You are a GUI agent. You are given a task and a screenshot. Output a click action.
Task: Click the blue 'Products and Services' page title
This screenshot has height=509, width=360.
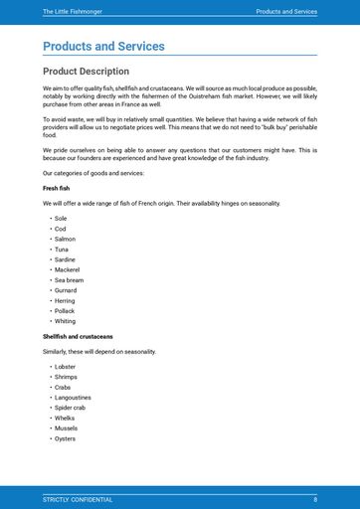[x=103, y=46]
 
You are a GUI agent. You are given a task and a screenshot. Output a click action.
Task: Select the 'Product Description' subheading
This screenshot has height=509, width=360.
[x=86, y=72]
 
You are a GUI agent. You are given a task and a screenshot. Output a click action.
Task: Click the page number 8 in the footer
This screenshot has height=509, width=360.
[x=315, y=499]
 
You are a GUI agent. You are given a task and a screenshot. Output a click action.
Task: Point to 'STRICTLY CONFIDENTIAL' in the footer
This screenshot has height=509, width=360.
[x=78, y=499]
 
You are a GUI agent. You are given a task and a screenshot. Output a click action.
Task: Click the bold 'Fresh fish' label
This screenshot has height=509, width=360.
[x=57, y=188]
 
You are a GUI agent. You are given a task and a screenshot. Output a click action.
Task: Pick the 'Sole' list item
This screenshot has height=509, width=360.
[x=61, y=218]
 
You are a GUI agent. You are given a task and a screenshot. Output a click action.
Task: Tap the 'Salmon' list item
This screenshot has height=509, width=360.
[x=65, y=239]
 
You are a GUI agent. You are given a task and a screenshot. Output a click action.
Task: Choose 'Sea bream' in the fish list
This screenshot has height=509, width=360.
[x=69, y=280]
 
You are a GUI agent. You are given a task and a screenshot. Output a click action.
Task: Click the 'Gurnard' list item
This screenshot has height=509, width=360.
[x=66, y=290]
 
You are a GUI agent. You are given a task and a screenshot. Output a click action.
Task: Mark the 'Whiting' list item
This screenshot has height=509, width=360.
[x=65, y=321]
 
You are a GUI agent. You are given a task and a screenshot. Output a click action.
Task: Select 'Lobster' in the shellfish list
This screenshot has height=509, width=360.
[x=65, y=367]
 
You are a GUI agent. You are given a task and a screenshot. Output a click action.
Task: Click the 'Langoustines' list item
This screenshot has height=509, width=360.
[x=73, y=398]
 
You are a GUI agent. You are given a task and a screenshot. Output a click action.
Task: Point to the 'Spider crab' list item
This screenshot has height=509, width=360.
[x=71, y=408]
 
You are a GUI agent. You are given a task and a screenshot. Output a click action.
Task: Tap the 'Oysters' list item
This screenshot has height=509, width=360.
[x=65, y=438]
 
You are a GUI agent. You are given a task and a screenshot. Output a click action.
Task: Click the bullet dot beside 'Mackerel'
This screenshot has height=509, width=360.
[x=50, y=269]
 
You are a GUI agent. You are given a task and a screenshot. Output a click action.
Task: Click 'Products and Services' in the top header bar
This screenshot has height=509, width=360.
[x=286, y=11]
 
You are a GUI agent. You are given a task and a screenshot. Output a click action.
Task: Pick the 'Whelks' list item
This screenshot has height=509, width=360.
[x=65, y=419]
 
